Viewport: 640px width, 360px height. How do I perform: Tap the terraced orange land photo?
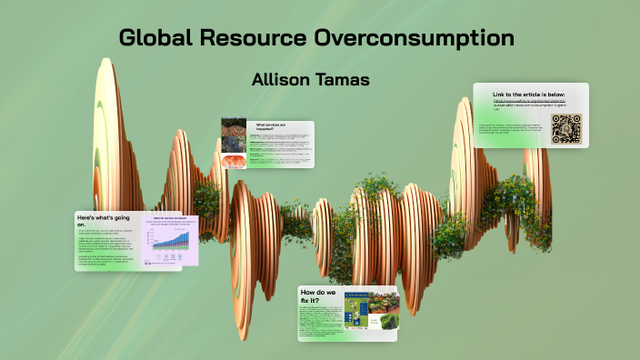click(x=233, y=130)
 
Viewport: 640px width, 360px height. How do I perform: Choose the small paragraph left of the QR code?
click(x=515, y=130)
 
